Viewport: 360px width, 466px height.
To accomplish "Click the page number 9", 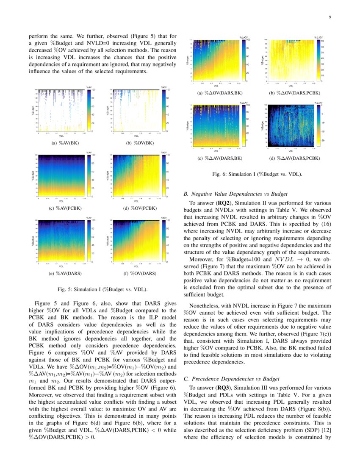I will (x=329, y=17).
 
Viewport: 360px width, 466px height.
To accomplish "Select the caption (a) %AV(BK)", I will (x=62, y=143).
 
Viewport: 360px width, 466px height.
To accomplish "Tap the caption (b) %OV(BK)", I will (x=136, y=143).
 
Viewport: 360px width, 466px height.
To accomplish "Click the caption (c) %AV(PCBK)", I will (x=62, y=208).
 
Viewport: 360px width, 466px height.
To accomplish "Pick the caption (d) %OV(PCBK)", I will (x=136, y=208).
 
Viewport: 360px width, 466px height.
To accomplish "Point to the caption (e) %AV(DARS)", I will (x=62, y=273).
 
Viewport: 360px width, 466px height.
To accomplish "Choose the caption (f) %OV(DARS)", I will (x=136, y=273).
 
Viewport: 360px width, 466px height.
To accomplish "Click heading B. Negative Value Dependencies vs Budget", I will (x=236, y=194).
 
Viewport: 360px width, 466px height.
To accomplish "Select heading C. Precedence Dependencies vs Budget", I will (x=233, y=378).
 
